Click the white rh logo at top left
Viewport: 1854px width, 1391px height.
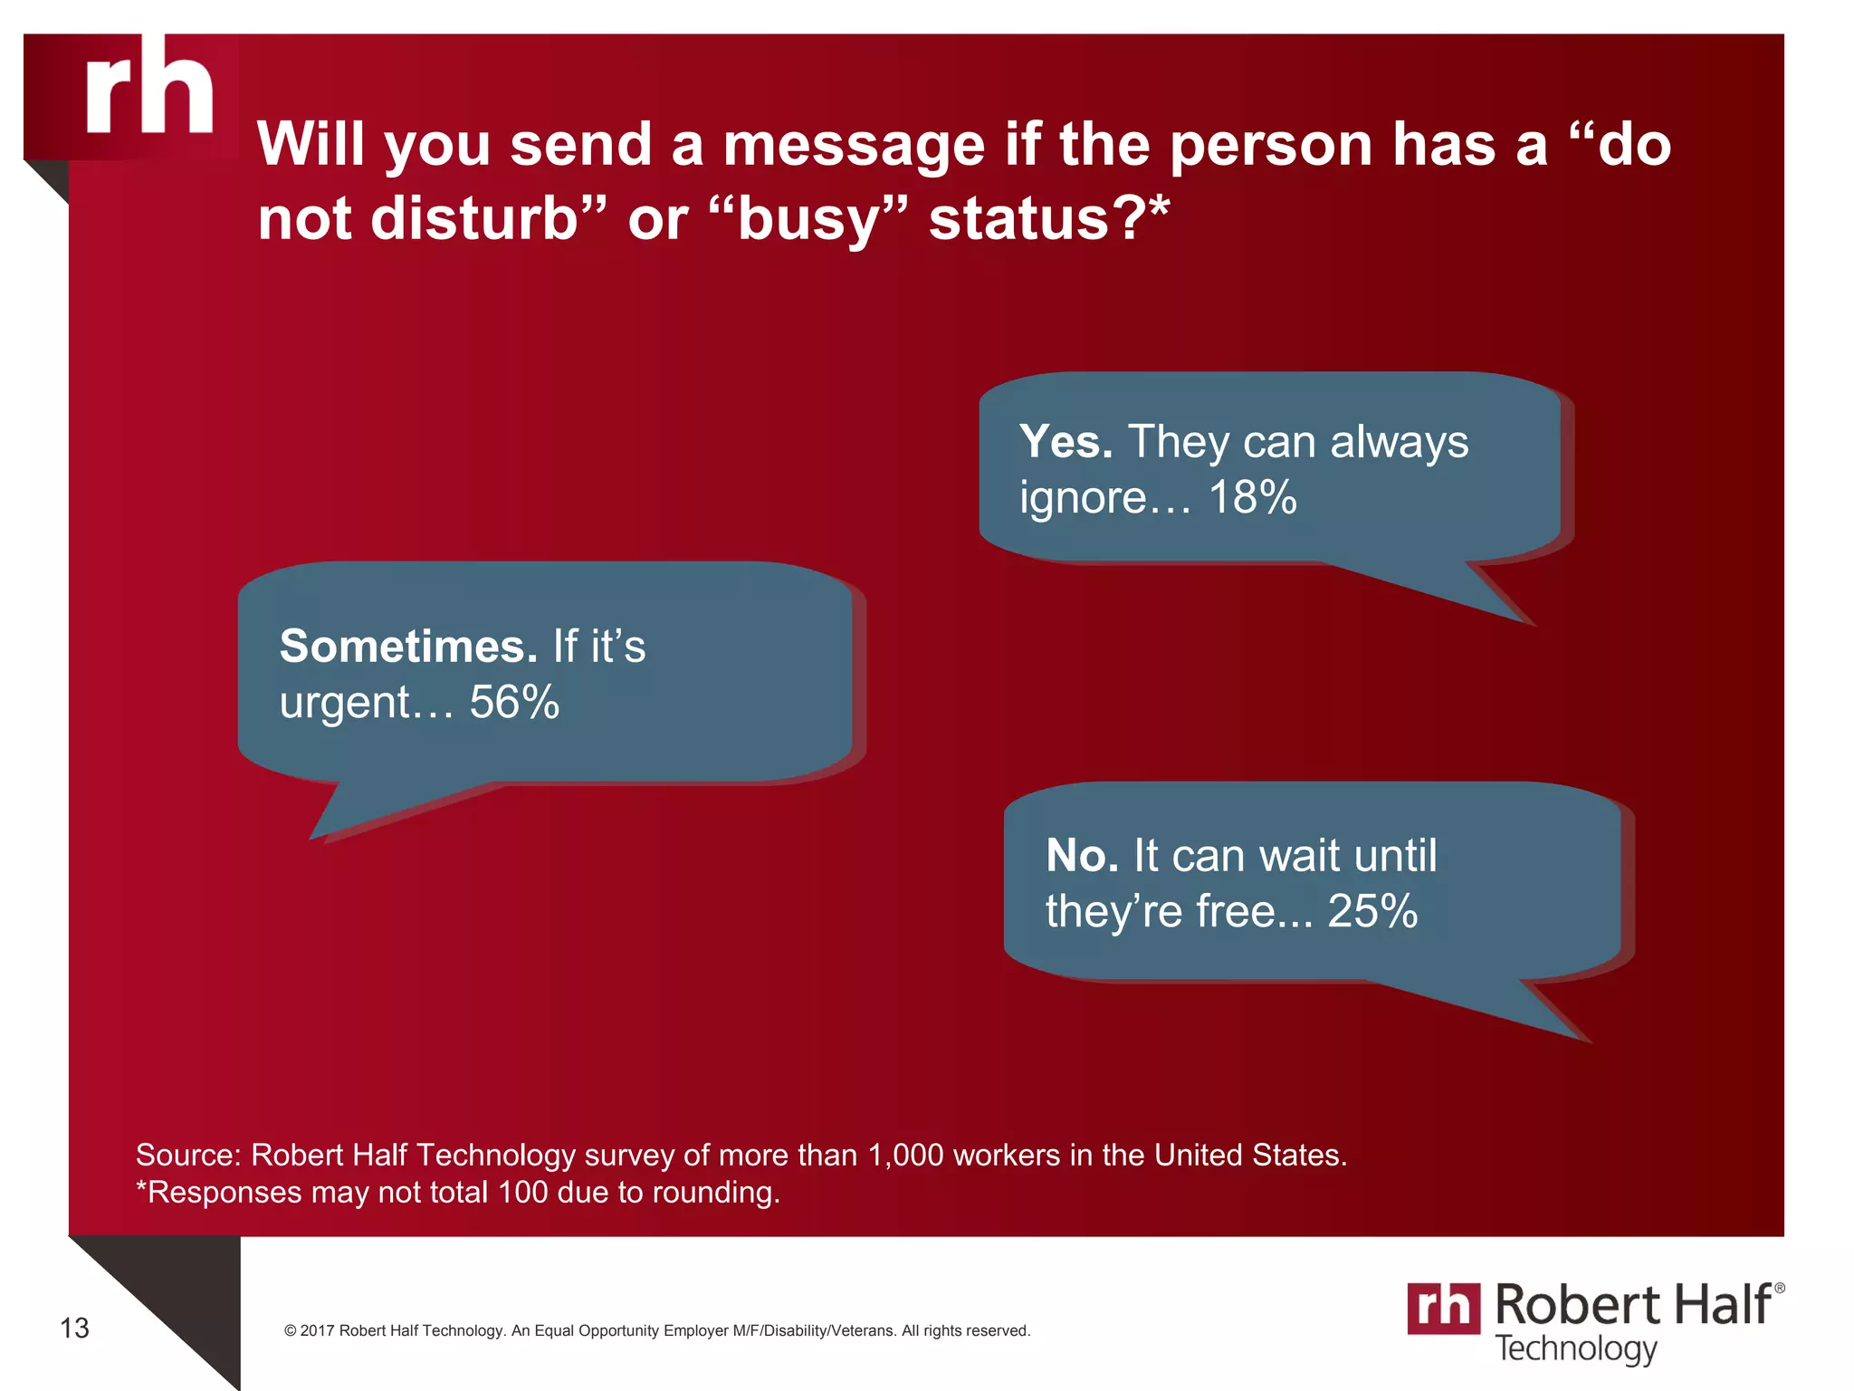(149, 87)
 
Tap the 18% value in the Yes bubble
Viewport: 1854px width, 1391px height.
(1252, 497)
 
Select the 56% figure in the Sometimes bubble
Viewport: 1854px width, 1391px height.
(514, 702)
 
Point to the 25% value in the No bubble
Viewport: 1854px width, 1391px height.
(1372, 911)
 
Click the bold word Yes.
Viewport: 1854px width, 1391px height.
(1066, 442)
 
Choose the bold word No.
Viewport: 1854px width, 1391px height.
(1082, 856)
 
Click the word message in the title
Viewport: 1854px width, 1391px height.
(854, 145)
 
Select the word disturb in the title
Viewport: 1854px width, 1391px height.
(475, 219)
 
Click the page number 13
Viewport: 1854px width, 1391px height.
(74, 1329)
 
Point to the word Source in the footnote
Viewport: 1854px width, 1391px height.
(187, 1156)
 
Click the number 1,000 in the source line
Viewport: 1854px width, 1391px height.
(905, 1156)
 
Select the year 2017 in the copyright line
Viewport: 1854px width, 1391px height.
(318, 1331)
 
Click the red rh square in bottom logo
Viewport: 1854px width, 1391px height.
(1444, 1308)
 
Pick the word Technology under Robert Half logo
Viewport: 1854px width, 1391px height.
(1575, 1348)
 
